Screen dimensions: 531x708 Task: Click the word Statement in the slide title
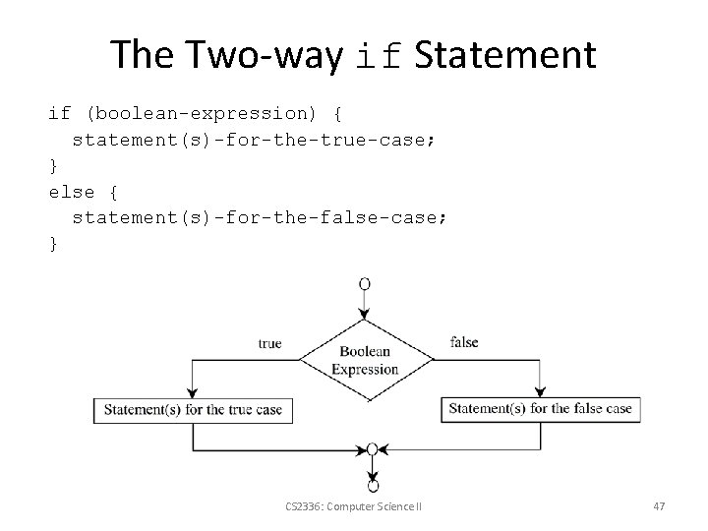505,55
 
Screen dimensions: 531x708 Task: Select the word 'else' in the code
72,191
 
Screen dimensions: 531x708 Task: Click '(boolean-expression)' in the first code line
202,114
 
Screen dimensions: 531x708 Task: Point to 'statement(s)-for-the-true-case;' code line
254,140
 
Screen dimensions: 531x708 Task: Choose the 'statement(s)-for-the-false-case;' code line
260,216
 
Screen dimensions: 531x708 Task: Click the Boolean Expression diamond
365,360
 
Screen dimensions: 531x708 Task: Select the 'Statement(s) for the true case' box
193,410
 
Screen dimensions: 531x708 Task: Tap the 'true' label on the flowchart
269,343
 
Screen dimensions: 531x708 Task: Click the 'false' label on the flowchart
464,342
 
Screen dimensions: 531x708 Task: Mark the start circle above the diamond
365,284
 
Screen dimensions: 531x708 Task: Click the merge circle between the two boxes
372,449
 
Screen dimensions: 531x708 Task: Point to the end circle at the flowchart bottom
372,486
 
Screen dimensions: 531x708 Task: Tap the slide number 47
659,505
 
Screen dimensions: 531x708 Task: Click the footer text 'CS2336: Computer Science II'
352,505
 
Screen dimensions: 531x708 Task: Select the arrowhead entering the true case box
192,390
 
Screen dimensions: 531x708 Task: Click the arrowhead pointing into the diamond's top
365,313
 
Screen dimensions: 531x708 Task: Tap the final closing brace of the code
54,242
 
